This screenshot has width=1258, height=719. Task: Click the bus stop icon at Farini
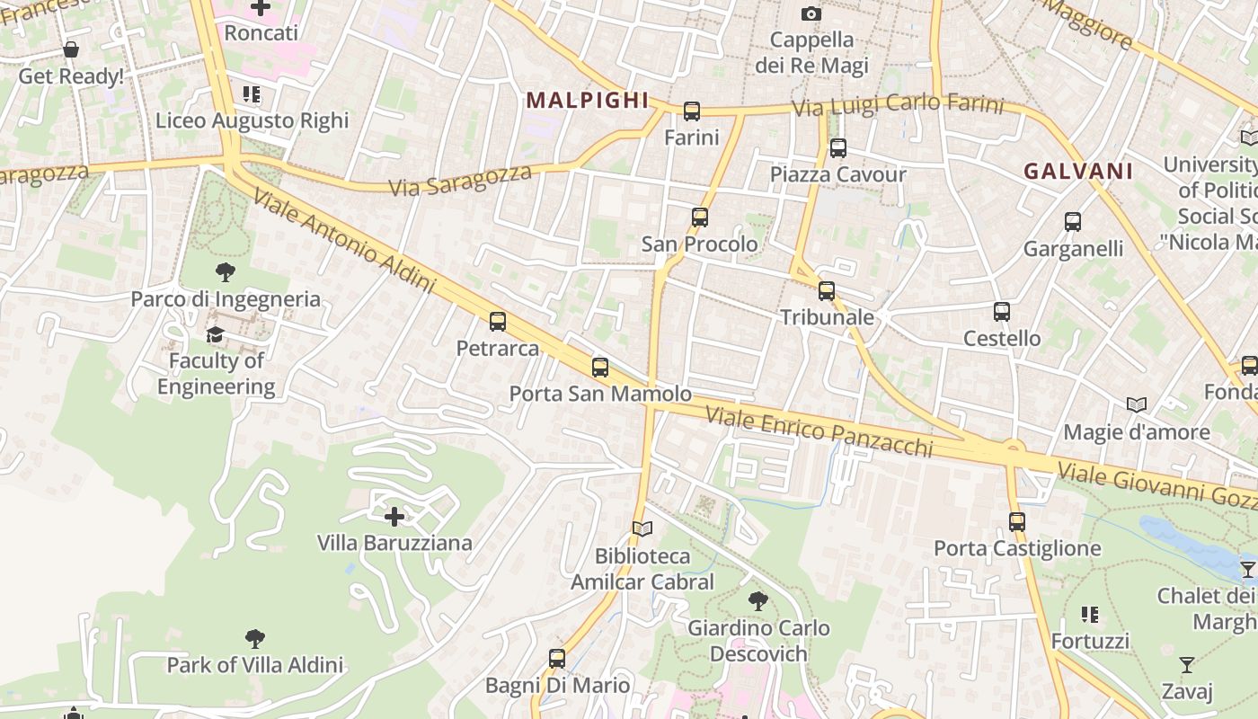(x=691, y=111)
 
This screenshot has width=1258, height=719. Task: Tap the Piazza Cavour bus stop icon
(x=838, y=148)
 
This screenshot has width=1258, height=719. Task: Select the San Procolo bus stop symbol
(x=699, y=217)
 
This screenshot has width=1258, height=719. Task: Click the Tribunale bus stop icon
(x=826, y=291)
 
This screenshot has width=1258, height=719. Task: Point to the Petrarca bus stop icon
(x=497, y=322)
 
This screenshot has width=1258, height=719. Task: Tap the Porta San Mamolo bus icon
(x=599, y=368)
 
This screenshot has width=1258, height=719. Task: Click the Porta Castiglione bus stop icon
(x=1016, y=522)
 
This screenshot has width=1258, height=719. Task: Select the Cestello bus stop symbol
(x=1001, y=312)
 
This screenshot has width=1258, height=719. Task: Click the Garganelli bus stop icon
(x=1072, y=222)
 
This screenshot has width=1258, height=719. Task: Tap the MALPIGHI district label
(x=587, y=100)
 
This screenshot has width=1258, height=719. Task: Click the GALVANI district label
(x=1077, y=172)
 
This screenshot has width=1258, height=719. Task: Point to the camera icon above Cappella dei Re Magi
(x=811, y=13)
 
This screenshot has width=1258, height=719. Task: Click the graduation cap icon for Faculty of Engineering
(x=215, y=335)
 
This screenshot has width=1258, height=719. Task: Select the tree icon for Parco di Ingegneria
(x=225, y=272)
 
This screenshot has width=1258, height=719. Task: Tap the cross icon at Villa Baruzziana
(x=394, y=517)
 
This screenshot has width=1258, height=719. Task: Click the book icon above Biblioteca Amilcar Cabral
(x=642, y=529)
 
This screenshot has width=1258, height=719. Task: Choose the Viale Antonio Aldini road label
(x=345, y=240)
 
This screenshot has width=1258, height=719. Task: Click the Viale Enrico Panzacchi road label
(x=819, y=431)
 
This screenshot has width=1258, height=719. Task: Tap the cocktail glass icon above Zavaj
(x=1186, y=665)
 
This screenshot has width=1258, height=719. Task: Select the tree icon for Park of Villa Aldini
(x=254, y=639)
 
